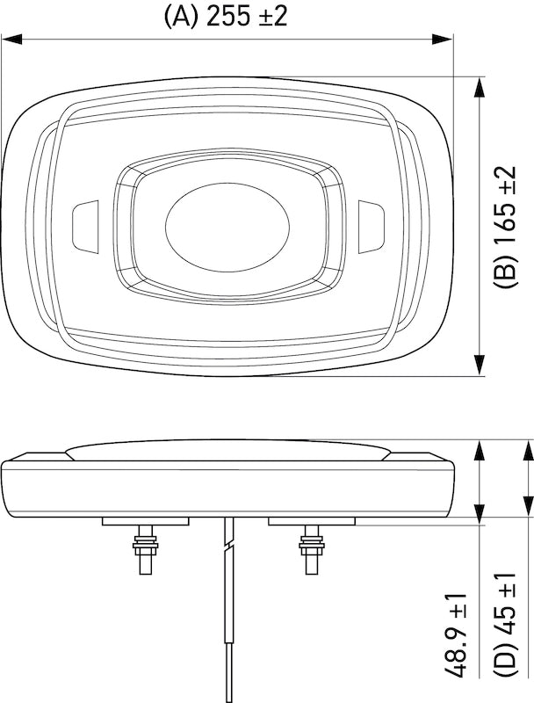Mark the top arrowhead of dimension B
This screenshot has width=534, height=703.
tap(480, 86)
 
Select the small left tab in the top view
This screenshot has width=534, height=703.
tap(85, 224)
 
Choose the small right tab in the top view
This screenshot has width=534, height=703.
tap(371, 224)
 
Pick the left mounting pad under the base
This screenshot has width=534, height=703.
tap(146, 521)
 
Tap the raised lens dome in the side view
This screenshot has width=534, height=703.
tap(227, 451)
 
